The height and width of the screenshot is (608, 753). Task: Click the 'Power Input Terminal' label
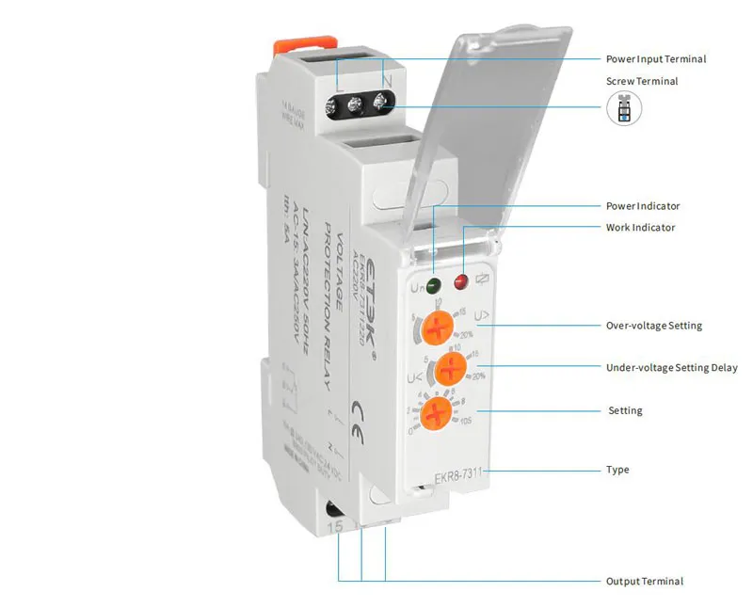point(655,59)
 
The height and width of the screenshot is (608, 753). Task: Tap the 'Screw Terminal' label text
point(642,82)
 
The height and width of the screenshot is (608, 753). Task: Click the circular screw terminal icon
point(623,109)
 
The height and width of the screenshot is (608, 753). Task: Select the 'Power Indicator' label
point(642,206)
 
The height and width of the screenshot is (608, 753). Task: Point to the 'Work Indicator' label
point(639,228)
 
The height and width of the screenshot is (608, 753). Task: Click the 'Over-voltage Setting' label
point(653,327)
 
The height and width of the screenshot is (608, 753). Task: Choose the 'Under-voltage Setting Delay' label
point(671,368)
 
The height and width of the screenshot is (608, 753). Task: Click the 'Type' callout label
point(617,470)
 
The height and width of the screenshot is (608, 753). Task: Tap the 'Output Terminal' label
point(644,582)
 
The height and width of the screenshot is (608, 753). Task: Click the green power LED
point(432,283)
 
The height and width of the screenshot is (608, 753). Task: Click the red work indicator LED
point(460,281)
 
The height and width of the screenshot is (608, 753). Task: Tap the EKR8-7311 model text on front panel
point(457,477)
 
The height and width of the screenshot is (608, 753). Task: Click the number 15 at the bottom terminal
point(336,529)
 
